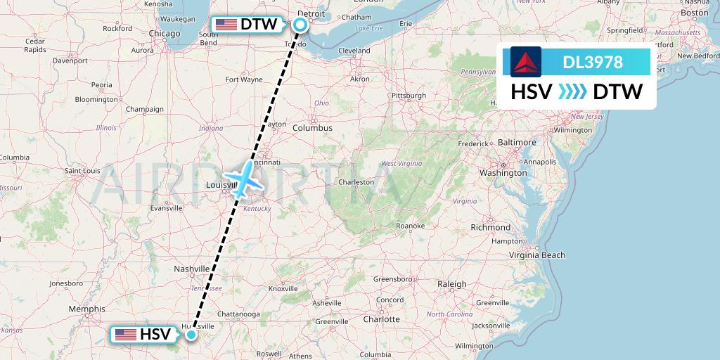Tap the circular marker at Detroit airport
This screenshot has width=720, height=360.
click(x=300, y=25)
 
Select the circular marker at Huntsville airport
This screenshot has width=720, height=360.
click(x=191, y=335)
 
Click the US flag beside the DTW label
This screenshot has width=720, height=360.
click(x=226, y=25)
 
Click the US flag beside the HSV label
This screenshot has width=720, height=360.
click(x=126, y=335)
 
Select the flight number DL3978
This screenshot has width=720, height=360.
click(x=593, y=63)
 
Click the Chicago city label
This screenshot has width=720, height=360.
click(x=164, y=33)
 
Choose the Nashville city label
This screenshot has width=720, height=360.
click(x=192, y=269)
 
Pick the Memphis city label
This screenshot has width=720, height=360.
click(x=87, y=309)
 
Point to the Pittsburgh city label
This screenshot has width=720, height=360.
click(x=409, y=95)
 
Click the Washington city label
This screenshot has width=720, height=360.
click(x=503, y=172)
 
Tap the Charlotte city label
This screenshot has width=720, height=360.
click(x=382, y=319)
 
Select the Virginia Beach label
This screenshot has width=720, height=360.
click(x=541, y=255)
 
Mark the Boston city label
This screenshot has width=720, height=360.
click(x=694, y=13)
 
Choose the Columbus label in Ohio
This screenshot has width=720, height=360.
click(x=312, y=128)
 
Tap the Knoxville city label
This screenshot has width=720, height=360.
click(x=283, y=288)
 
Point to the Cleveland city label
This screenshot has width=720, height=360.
click(x=354, y=51)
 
